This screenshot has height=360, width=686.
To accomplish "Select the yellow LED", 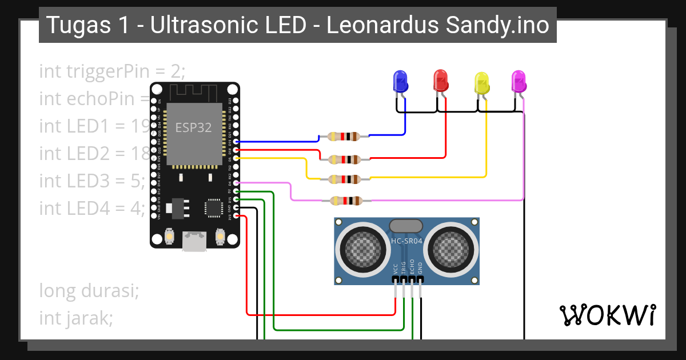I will point(482,83).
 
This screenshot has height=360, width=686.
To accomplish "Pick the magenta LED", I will point(519,81).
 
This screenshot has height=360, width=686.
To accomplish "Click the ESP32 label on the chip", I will point(193,128).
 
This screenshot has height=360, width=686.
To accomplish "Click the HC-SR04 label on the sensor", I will point(406,241).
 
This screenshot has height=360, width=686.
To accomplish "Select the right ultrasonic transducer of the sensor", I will point(452,247).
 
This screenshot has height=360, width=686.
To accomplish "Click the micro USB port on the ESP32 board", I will point(194,241).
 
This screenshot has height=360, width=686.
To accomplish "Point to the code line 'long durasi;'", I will point(89,291).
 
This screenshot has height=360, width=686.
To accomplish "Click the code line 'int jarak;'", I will point(75,318).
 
